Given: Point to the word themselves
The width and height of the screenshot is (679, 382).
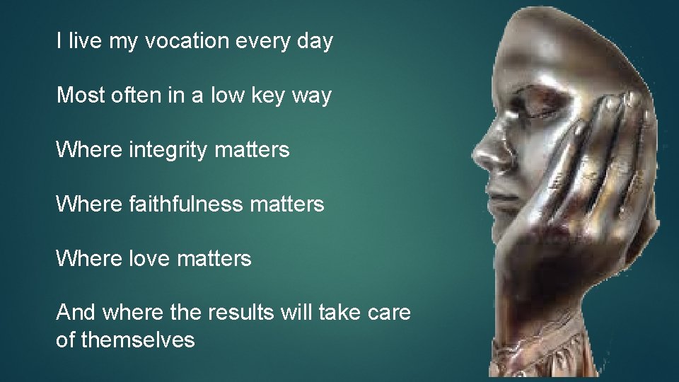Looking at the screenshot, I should point(138,340).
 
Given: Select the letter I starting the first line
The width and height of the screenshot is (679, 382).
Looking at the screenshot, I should point(59,42).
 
